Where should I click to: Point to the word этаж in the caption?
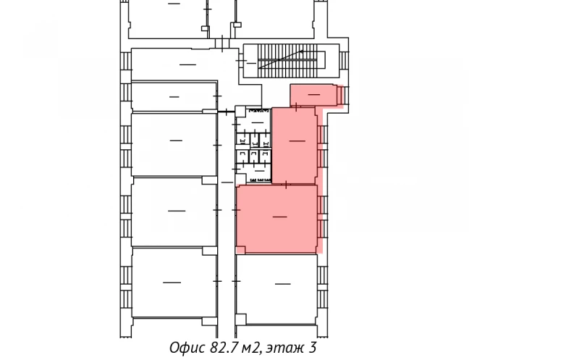[284, 348]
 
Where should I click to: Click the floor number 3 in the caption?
[312, 348]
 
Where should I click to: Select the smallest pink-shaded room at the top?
[314, 95]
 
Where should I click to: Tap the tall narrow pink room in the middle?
[295, 145]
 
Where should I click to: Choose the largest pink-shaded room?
[278, 219]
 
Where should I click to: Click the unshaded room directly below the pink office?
[278, 286]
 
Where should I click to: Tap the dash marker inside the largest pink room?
[279, 216]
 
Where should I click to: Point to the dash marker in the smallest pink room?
[314, 95]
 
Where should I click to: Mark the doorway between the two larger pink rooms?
[287, 185]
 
